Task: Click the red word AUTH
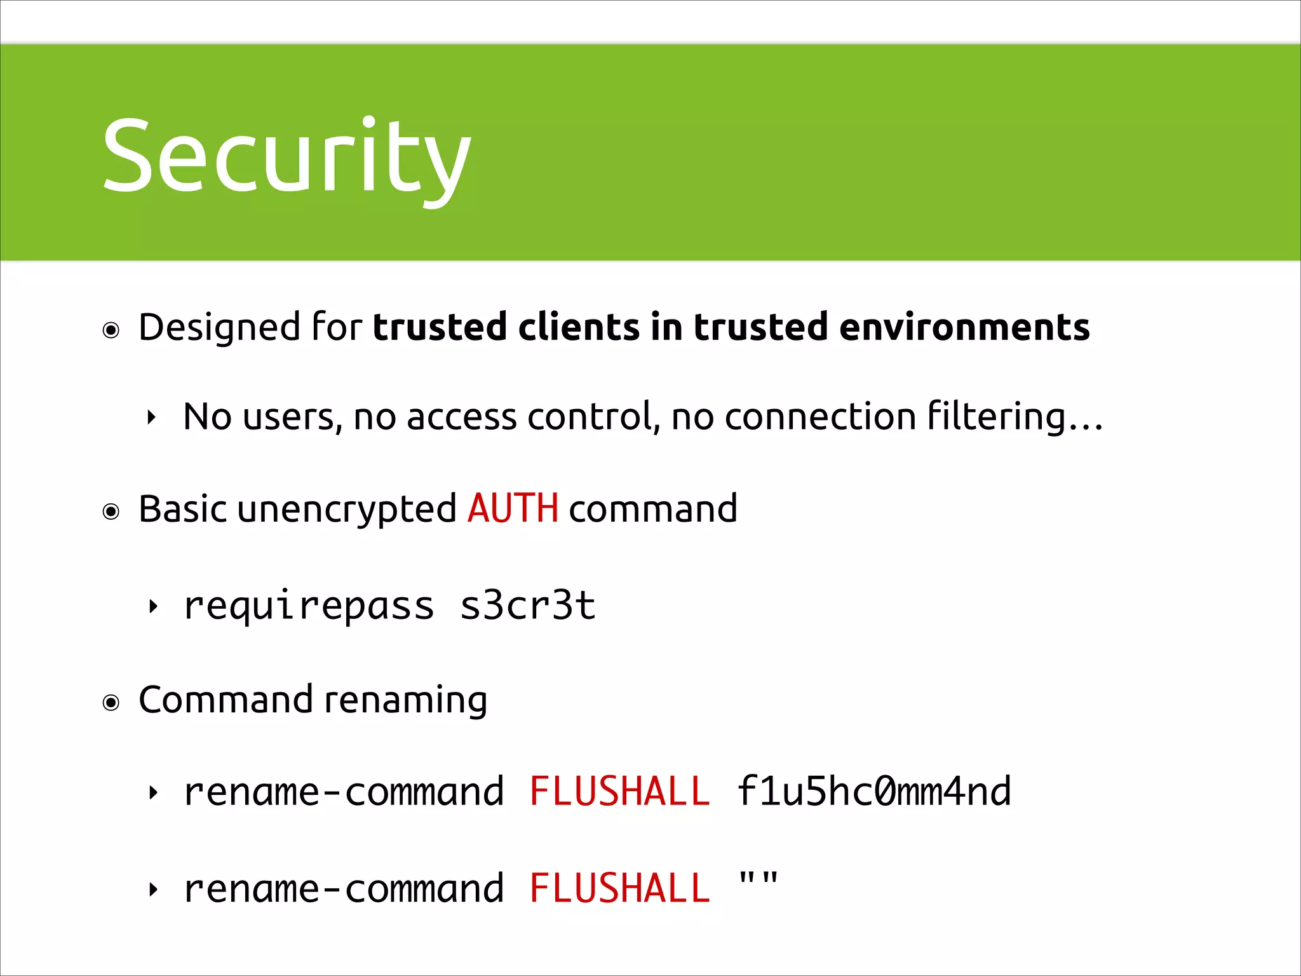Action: pyautogui.click(x=512, y=509)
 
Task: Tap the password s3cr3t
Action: pyautogui.click(x=527, y=606)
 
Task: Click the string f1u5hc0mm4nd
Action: pyautogui.click(x=873, y=792)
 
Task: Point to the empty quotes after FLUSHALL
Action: pyautogui.click(x=758, y=881)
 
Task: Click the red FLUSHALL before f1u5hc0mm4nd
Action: pyautogui.click(x=619, y=792)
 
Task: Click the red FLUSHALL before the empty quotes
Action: pyautogui.click(x=619, y=888)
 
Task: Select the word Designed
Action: pyautogui.click(x=219, y=328)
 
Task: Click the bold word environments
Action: pyautogui.click(x=964, y=328)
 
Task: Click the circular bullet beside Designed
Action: pyautogui.click(x=111, y=330)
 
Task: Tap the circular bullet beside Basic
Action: pyautogui.click(x=111, y=512)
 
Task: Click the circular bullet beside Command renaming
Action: pyautogui.click(x=111, y=703)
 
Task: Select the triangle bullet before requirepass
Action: pyautogui.click(x=152, y=607)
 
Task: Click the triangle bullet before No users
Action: pyautogui.click(x=151, y=418)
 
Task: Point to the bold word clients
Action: pyautogui.click(x=578, y=328)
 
